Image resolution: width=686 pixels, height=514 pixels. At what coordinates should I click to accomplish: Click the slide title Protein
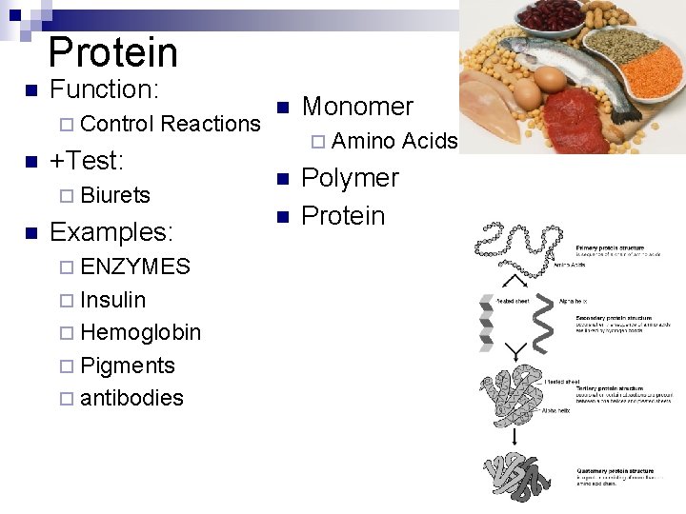(x=112, y=52)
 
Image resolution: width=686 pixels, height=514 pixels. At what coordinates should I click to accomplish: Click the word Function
(x=102, y=89)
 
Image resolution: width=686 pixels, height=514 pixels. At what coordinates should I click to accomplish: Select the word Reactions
(x=211, y=124)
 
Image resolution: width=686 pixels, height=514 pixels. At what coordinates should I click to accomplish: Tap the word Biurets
(x=115, y=195)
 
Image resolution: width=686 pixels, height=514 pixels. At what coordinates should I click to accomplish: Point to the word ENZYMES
(x=135, y=267)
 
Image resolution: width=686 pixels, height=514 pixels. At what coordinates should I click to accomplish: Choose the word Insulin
(x=113, y=300)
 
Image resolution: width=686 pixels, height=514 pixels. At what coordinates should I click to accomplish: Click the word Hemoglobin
(x=141, y=332)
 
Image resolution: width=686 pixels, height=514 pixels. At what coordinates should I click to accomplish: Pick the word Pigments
(x=128, y=366)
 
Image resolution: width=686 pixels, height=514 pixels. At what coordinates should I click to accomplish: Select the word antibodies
(x=131, y=398)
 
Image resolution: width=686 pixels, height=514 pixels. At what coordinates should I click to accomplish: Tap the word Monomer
(x=357, y=107)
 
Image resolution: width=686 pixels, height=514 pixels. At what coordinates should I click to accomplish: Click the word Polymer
(x=350, y=178)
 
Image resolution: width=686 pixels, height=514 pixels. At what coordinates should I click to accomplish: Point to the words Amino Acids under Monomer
(x=394, y=142)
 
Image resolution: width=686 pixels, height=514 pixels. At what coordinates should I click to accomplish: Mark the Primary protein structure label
(x=615, y=247)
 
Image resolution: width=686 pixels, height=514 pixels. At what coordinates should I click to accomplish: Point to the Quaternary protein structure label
(x=615, y=471)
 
